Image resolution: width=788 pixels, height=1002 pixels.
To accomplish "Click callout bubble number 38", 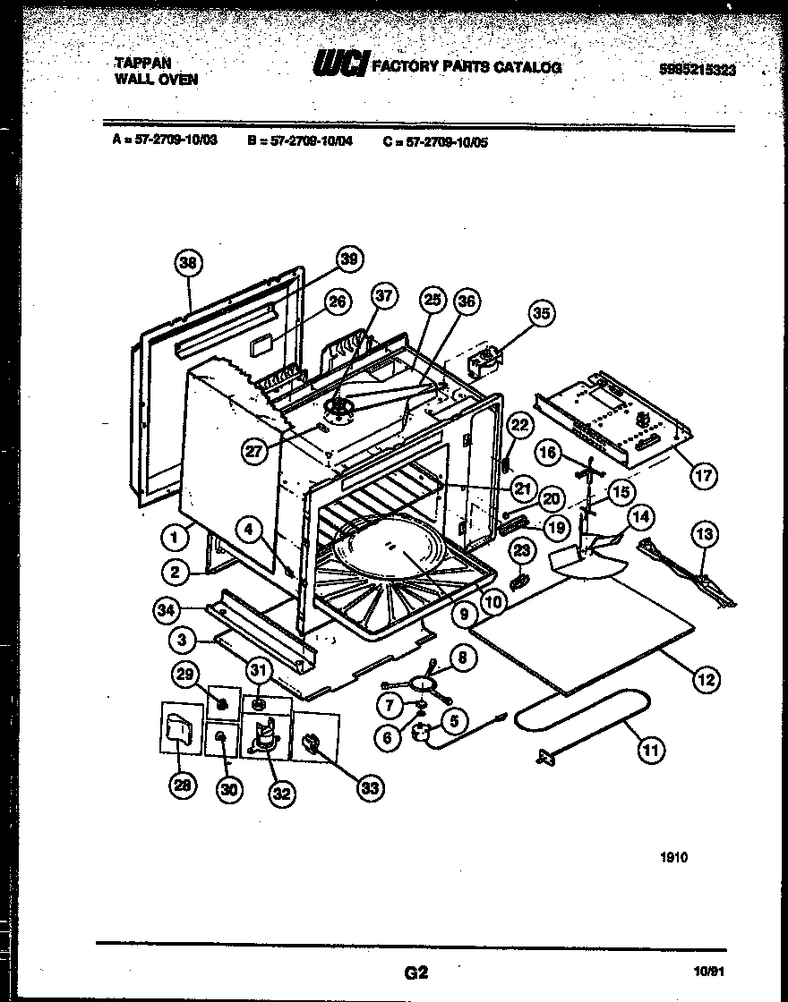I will (187, 262).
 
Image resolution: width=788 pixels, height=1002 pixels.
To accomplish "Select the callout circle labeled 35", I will (541, 313).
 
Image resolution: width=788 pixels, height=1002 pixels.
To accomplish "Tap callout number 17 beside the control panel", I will (704, 475).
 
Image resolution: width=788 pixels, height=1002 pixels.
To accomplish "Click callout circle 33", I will (368, 787).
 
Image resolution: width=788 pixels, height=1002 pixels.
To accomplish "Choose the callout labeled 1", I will (174, 538).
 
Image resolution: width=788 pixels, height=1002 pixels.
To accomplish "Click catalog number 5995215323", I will (697, 71).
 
